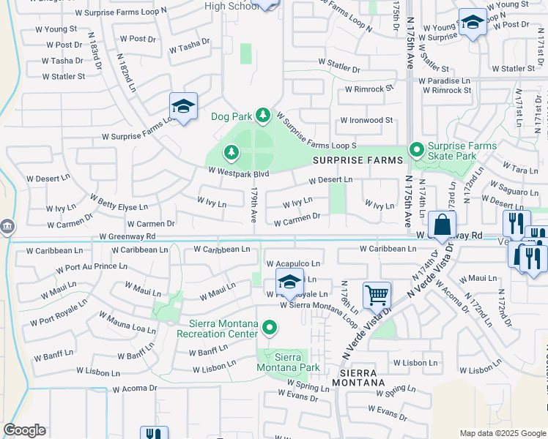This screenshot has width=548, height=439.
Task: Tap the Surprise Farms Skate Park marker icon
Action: pyautogui.click(x=417, y=151)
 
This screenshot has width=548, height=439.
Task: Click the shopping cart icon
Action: pyautogui.click(x=377, y=296)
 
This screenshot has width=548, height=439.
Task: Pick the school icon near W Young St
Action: pyautogui.click(x=473, y=24)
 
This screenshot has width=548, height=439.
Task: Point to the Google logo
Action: pyautogui.click(x=24, y=430)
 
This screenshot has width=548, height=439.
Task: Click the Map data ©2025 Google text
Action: pyautogui.click(x=502, y=433)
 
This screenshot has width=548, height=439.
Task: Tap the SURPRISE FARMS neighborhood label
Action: pyautogui.click(x=358, y=160)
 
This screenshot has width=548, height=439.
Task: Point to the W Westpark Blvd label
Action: pyautogui.click(x=239, y=173)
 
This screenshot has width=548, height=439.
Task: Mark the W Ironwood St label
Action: pyautogui.click(x=366, y=120)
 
